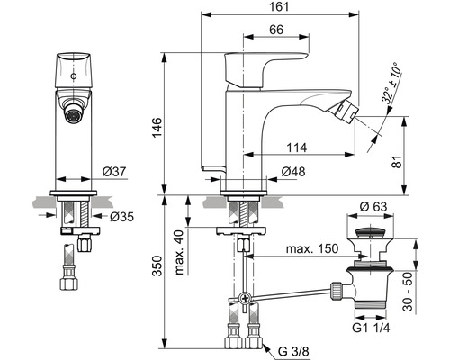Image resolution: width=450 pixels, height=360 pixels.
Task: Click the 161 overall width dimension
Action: pyautogui.click(x=280, y=6)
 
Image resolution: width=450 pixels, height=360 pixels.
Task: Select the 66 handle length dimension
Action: pyautogui.click(x=276, y=30)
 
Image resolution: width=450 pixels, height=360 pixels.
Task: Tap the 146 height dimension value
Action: pyautogui.click(x=157, y=128)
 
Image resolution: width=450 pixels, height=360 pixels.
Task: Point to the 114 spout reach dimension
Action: pyautogui.click(x=297, y=148)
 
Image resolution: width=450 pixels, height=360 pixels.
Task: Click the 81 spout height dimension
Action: pyautogui.click(x=397, y=162)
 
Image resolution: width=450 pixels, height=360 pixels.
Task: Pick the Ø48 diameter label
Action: pyautogui.click(x=293, y=172)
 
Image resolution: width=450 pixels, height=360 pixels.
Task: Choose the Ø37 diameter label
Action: pyautogui.click(x=114, y=172)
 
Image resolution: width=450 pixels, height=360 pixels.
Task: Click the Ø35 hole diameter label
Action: pyautogui.click(x=121, y=216)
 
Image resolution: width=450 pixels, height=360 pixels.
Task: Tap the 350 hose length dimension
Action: pyautogui.click(x=157, y=265)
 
